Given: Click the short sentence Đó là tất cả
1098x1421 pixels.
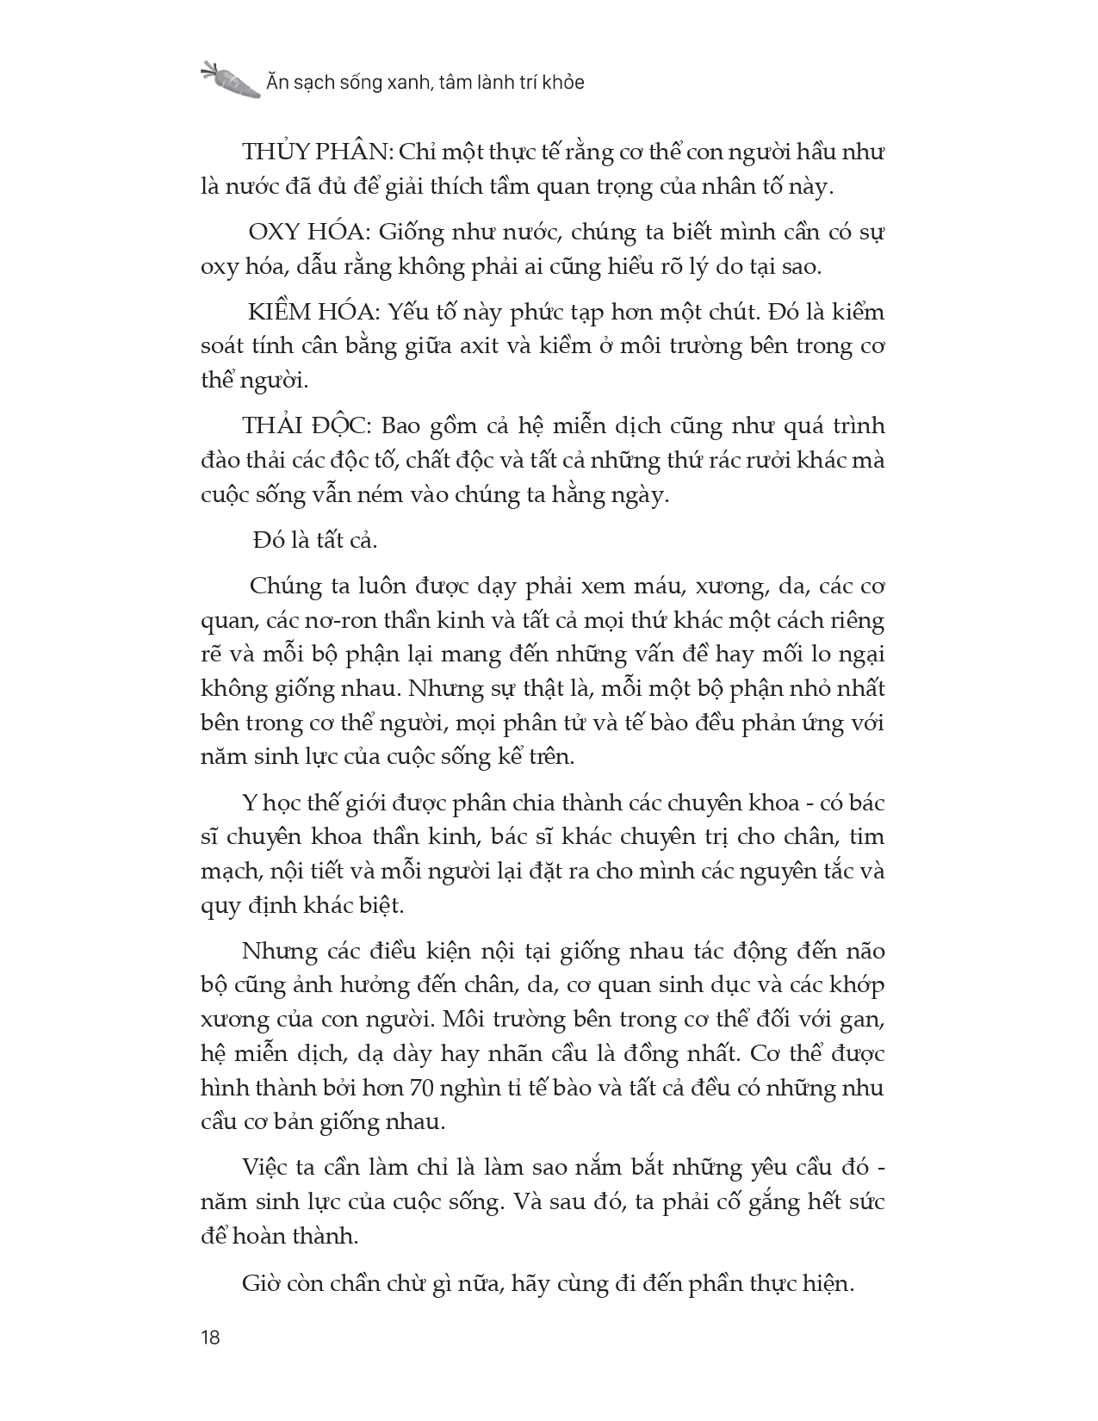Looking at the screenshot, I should pyautogui.click(x=315, y=540).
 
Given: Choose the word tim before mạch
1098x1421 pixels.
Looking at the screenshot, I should pyautogui.click(x=868, y=837).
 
